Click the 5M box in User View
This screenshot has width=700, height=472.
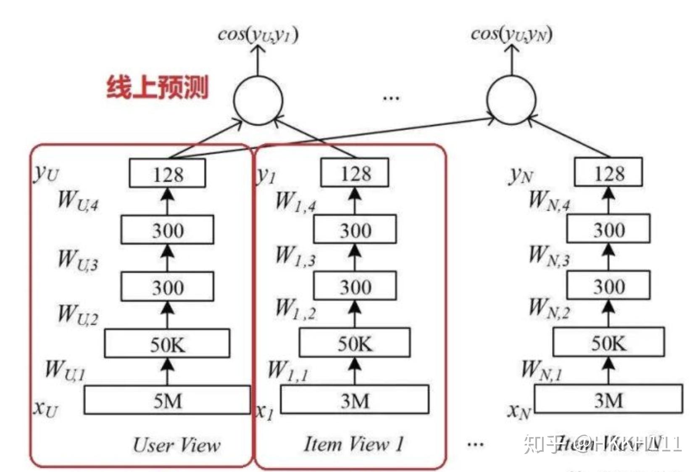pos(167,400)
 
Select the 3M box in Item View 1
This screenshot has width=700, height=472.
pos(355,400)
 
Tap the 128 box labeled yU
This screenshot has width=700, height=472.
pos(167,173)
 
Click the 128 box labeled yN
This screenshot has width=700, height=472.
pos(608,172)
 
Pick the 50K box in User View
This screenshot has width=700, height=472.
pos(167,344)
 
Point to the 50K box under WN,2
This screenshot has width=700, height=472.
pos(608,343)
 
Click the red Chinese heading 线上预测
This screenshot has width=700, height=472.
pos(157,87)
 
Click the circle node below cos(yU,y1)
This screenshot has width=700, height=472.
pos(258,100)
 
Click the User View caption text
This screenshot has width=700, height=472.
pos(176,445)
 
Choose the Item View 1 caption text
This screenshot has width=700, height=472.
pos(353,444)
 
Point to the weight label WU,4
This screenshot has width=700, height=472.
pos(78,200)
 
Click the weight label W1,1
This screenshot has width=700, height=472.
pos(288,371)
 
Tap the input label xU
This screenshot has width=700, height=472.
pos(45,408)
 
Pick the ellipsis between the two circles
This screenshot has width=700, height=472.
pos(391,99)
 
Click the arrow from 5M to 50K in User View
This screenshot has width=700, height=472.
pos(168,371)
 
